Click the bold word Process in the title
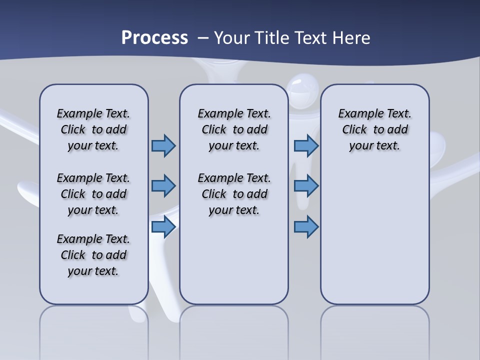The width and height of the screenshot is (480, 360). point(154,38)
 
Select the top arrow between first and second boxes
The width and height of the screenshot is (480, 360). point(163,145)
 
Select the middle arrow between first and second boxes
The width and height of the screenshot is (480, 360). point(163,186)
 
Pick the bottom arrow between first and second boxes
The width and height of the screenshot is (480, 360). point(163,226)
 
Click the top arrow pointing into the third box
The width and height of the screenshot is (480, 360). point(306,145)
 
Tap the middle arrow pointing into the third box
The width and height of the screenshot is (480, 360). point(306,186)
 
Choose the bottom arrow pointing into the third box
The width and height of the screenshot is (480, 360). point(306,226)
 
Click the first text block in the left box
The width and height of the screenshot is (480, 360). point(93,129)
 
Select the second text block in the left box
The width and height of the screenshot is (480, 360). point(93,194)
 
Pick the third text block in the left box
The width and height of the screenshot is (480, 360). point(93,255)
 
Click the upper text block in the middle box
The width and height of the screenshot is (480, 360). point(234,129)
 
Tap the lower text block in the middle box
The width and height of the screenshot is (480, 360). point(234,194)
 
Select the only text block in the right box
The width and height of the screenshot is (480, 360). point(374,129)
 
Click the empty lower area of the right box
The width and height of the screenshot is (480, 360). point(375,235)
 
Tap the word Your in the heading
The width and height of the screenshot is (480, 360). point(233,38)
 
